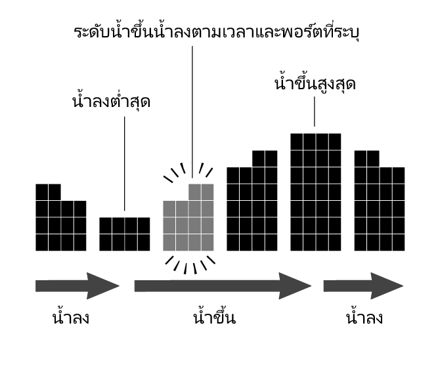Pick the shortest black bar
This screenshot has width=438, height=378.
(125, 234)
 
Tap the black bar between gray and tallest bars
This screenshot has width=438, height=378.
(252, 209)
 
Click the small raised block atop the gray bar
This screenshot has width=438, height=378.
(201, 192)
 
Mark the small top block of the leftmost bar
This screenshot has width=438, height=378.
(48, 192)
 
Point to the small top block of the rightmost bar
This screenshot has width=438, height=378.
(366, 158)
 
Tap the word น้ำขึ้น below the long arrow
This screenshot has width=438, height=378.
(215, 319)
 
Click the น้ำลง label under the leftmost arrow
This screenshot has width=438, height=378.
(70, 319)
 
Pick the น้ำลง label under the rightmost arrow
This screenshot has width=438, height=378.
(364, 319)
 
